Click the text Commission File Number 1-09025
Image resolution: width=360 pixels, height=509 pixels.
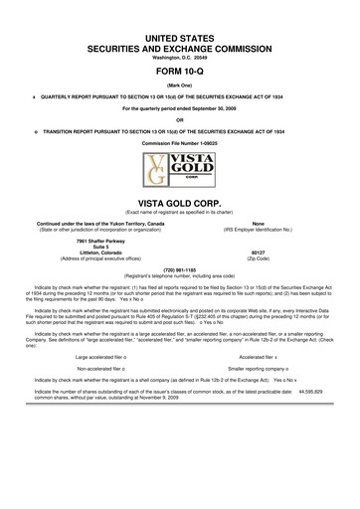[180, 143]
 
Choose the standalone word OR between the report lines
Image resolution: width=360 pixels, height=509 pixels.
[180, 119]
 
